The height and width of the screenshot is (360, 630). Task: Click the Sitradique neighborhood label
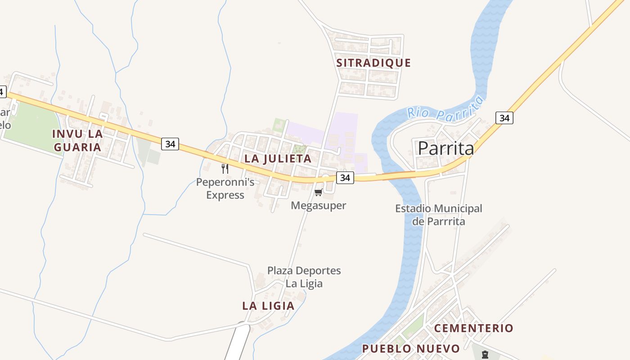coord(373,63)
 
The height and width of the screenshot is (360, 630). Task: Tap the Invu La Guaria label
coord(77,140)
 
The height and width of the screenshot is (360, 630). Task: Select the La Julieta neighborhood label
coord(278,158)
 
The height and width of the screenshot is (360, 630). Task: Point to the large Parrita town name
coord(446,148)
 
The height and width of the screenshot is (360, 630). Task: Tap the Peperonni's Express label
coord(225,189)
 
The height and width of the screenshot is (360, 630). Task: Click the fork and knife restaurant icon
coord(225,169)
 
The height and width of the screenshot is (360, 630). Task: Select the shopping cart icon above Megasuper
coord(318,193)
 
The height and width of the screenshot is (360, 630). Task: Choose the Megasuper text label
coord(319,206)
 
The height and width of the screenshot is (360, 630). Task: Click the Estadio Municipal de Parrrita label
coord(438,215)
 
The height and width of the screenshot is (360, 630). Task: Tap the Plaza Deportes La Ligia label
coord(304,277)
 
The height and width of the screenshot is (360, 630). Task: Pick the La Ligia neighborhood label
coord(268,306)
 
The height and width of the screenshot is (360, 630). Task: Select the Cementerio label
coord(473,328)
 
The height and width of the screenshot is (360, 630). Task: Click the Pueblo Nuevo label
coord(411,349)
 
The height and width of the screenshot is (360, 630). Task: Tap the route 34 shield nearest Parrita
coord(504,118)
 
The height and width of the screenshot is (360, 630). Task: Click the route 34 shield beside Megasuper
coord(345,178)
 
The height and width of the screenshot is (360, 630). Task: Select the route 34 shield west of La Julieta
coord(170,144)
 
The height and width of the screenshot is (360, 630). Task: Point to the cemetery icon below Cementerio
coord(485,355)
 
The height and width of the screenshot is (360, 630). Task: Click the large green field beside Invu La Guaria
coord(31,126)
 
